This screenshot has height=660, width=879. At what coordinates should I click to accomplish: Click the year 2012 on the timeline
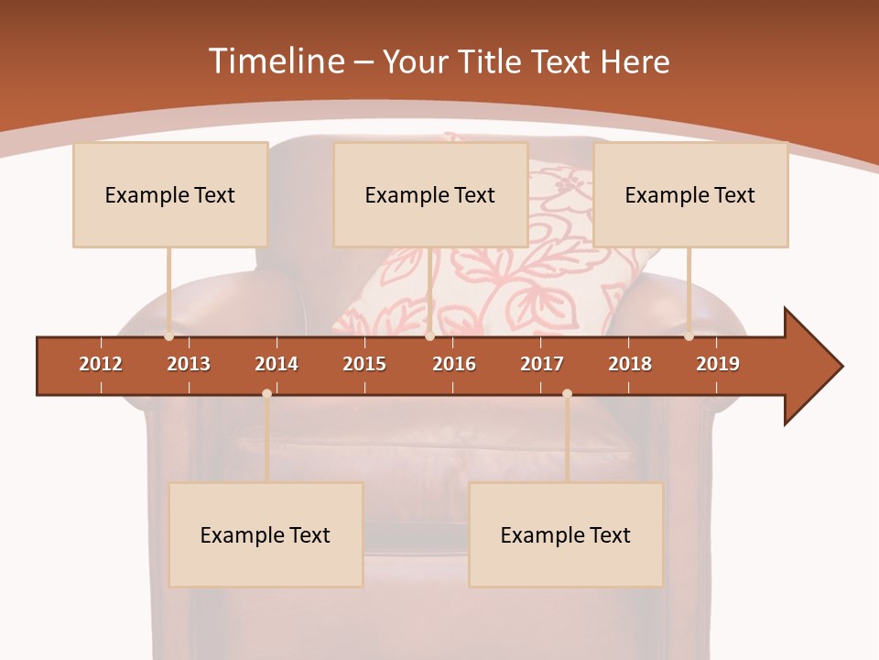pos(101,364)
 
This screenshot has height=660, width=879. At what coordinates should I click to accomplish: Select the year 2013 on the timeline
pos(189,364)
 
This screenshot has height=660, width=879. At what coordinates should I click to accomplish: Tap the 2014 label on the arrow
pos(277,364)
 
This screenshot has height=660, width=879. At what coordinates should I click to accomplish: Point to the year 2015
pos(364,364)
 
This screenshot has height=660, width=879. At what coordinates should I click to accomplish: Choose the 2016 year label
pos(454,364)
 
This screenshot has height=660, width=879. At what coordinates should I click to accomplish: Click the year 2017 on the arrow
pos(542,364)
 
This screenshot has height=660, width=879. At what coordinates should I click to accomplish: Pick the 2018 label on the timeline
pos(630,364)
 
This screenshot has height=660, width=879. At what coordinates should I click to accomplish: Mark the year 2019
pos(718,364)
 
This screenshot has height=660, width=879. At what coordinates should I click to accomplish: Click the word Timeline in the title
pos(276,61)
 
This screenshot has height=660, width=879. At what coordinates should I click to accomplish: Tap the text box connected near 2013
pos(170,194)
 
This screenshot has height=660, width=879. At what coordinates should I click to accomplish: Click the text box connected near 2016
pos(430,194)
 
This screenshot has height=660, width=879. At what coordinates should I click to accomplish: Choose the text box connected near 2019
pos(690,194)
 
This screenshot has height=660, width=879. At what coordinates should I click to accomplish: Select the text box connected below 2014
pos(266,534)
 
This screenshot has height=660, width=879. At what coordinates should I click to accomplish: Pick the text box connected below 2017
pos(566,534)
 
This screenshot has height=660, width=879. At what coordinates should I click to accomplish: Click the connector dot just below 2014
pos(266,393)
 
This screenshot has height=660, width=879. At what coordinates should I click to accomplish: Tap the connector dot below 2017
pos(567,393)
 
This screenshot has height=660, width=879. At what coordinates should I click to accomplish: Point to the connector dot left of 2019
pos(689,336)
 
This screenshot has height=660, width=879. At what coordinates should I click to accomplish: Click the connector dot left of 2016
pos(429,336)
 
